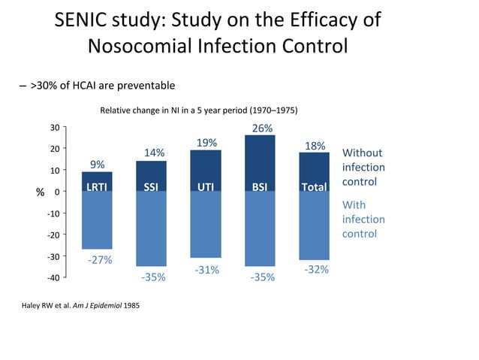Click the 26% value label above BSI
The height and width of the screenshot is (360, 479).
[x=262, y=129]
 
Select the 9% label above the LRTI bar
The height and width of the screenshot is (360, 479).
[x=98, y=165]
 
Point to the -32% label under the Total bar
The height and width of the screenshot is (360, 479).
[x=316, y=269]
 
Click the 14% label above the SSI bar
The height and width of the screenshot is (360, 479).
[x=154, y=153]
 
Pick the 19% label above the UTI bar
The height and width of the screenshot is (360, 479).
[x=206, y=143]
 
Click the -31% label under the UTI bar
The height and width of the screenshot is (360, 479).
[x=206, y=269]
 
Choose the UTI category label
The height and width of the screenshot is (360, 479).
[x=206, y=186]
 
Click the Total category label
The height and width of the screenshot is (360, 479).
[x=314, y=186]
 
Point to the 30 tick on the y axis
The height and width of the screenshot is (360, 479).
[x=54, y=128]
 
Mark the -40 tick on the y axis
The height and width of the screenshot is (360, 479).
[x=53, y=278]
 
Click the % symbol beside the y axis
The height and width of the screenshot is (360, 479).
[x=40, y=192]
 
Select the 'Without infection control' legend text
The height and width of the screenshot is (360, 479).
[x=363, y=168]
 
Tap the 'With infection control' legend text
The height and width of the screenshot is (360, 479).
[x=363, y=219]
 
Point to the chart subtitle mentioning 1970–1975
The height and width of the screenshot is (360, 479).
[x=199, y=110]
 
